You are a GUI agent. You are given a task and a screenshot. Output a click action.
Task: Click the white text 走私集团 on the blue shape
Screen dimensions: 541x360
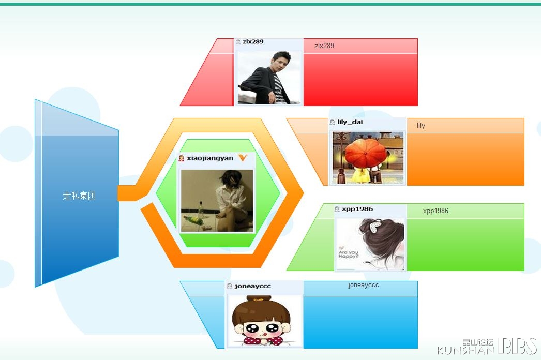tap(79, 196)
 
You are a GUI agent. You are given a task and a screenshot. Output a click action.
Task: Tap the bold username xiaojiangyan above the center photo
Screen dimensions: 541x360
tap(210, 158)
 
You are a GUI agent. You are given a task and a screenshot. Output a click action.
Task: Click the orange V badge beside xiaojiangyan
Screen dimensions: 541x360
tap(243, 158)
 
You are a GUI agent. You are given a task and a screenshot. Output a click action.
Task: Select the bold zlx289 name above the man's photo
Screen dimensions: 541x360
tap(253, 41)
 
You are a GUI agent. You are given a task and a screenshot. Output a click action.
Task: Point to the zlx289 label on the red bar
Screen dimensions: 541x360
tap(324, 46)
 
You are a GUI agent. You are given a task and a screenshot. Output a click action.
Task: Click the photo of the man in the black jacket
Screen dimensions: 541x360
tap(269, 77)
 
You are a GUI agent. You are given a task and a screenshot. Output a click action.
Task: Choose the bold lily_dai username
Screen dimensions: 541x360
tap(350, 122)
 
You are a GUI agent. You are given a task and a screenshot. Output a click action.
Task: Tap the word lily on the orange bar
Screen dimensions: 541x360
tap(420, 125)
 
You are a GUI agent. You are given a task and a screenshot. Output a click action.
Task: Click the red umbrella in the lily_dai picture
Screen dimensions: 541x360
tap(366, 153)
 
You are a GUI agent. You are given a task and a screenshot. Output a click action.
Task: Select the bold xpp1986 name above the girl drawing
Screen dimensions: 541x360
tap(357, 209)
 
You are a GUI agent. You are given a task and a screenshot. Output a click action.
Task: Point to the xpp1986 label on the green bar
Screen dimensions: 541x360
tap(435, 211)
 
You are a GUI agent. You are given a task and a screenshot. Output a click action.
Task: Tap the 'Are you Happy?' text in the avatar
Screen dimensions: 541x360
tap(349, 254)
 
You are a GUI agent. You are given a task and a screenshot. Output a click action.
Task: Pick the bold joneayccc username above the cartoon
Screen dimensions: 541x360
tap(252, 286)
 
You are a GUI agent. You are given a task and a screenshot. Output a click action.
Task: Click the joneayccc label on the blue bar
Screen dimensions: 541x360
tap(363, 285)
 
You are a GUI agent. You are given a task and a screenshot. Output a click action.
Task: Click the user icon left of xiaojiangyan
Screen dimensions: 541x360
tap(181, 158)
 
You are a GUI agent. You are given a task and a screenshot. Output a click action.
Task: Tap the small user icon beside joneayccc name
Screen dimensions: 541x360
tap(229, 286)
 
